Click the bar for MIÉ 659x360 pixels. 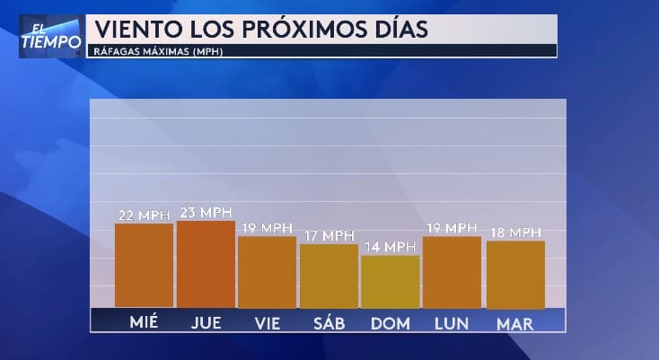coord(144,265)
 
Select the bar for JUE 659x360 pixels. coord(206,263)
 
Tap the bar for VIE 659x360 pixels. coord(267,271)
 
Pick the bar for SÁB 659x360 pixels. coord(329,275)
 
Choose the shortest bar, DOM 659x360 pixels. coord(390,281)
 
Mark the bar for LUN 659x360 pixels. coord(452,271)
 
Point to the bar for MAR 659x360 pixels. coord(515,274)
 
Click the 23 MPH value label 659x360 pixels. coord(206,213)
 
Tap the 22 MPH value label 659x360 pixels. coord(145,215)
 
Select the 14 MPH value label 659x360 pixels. coord(390,247)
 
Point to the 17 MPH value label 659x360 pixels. coord(328,236)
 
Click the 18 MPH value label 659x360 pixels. coord(515,233)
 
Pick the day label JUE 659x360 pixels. coord(206,322)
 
